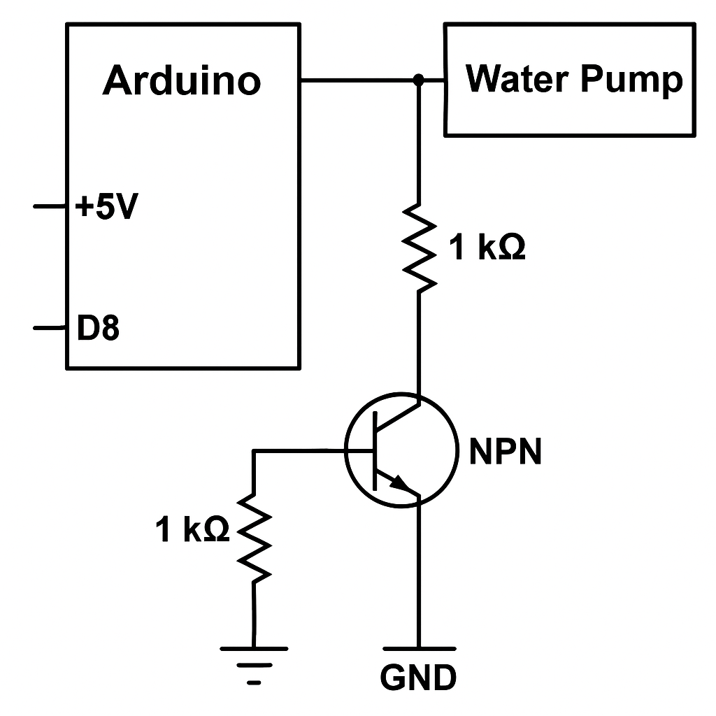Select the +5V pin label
pos(105,208)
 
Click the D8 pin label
pos(98,328)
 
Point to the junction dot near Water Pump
pos(418,80)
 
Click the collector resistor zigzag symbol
pos(419,246)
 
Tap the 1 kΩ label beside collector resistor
pos(487,248)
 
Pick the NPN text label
pos(506,452)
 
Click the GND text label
pos(419,676)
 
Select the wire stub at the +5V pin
pos(50,207)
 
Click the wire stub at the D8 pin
pos(50,327)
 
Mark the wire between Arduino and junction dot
pos(357,80)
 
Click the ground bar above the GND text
pos(419,649)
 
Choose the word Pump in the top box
pos(630,80)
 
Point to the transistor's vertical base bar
pos(375,452)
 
